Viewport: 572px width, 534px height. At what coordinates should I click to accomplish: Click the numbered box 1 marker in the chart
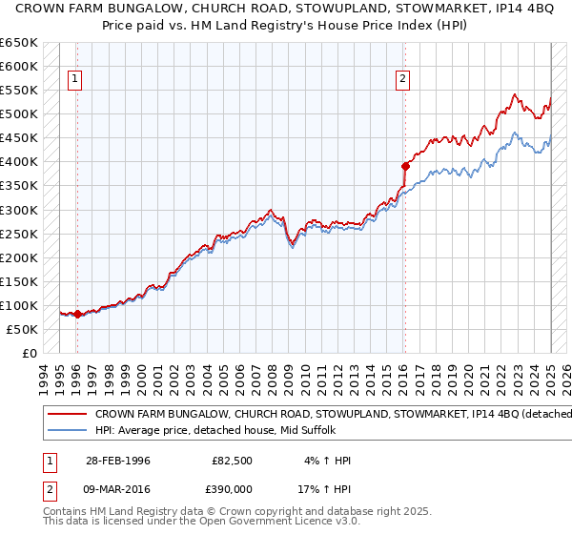click(74, 79)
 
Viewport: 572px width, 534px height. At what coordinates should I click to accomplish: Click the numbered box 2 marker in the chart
click(403, 79)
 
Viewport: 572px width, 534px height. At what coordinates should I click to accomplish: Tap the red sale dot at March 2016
click(405, 166)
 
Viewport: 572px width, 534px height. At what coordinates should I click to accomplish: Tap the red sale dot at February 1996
click(77, 314)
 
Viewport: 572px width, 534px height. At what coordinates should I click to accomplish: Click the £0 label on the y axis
click(31, 353)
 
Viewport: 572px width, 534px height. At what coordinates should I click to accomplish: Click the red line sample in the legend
click(68, 414)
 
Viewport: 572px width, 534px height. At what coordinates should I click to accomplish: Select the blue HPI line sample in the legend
click(68, 430)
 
